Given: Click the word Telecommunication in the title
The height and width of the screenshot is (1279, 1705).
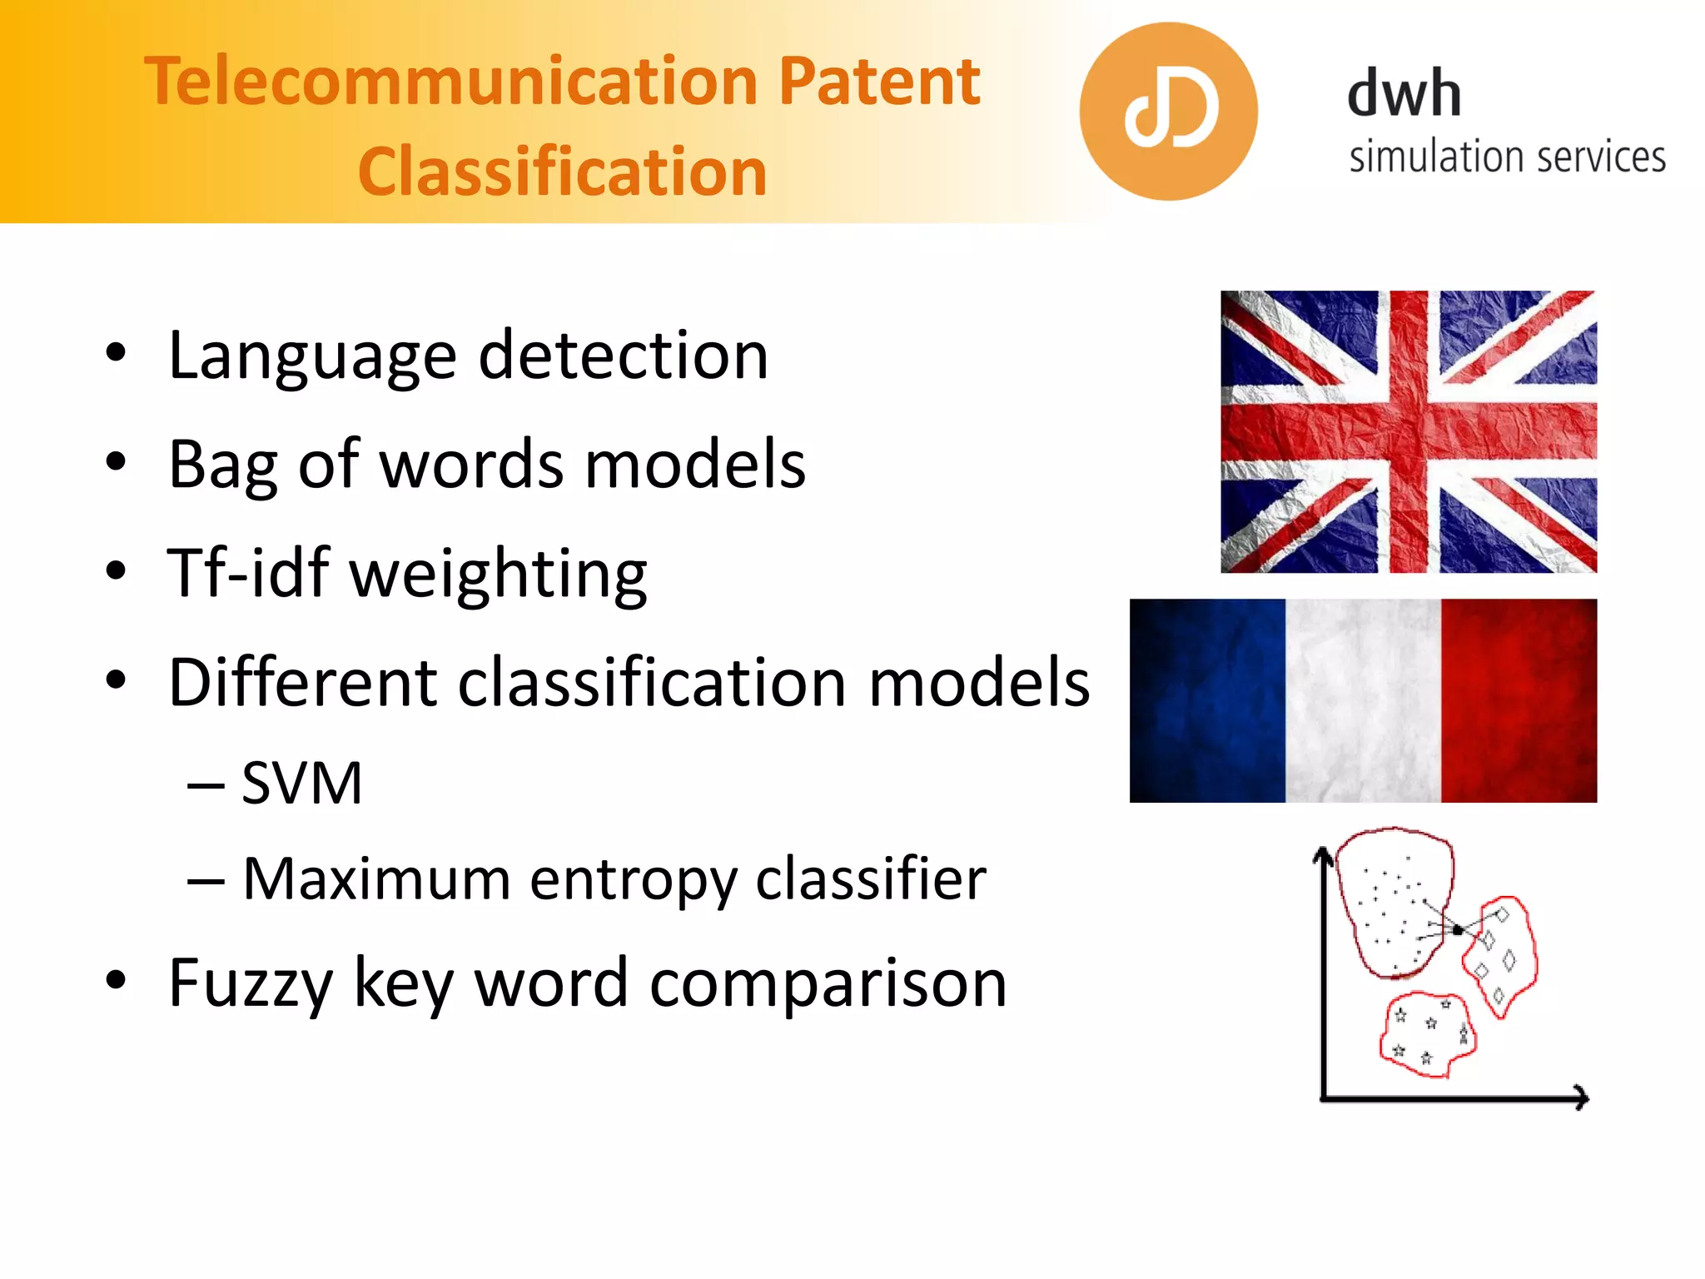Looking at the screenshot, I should click(x=450, y=82).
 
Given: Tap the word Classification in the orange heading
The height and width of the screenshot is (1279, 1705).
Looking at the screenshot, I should click(x=562, y=172).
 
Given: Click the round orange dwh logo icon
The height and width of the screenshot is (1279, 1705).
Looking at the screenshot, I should click(x=1168, y=112).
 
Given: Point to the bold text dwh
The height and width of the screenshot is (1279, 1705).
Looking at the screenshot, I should click(x=1404, y=93).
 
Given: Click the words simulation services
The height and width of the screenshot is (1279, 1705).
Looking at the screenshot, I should click(x=1507, y=157).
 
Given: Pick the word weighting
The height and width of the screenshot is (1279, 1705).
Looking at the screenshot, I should click(x=498, y=575).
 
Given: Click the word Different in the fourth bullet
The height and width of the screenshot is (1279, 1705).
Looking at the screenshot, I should click(x=301, y=682).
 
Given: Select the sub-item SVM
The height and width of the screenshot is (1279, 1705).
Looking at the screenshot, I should click(x=301, y=784).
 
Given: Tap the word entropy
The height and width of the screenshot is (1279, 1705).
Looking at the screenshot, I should click(x=633, y=880).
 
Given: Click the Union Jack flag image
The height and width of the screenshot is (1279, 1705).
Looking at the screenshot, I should click(x=1409, y=431).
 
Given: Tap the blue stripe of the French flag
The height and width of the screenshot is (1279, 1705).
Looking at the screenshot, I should click(x=1207, y=701).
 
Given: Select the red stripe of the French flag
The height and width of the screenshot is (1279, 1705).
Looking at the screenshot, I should click(x=1519, y=701).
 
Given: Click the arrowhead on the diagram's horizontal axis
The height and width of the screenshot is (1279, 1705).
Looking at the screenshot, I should click(x=1581, y=1097).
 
